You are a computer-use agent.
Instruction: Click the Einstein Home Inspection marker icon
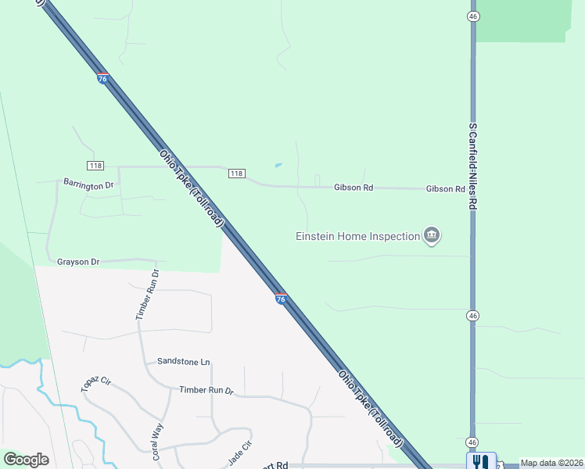tap(432, 235)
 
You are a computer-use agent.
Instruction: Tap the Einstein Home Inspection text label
tap(357, 236)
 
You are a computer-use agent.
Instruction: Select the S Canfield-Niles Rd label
tap(472, 166)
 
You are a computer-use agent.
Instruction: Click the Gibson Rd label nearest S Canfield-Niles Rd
tap(446, 189)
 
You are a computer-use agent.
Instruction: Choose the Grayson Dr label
tap(78, 261)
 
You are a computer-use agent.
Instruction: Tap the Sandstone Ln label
tap(184, 361)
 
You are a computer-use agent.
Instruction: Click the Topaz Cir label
tap(97, 383)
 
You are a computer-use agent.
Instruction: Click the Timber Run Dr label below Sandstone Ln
tap(206, 390)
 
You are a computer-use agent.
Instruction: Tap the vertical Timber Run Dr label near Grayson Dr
tap(148, 295)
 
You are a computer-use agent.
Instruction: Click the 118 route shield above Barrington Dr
tap(95, 166)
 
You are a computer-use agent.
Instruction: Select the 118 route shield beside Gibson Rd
tap(237, 173)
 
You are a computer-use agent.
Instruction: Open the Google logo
tap(26, 460)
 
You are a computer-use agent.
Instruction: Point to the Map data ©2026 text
tap(551, 463)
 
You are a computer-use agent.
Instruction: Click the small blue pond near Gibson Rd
tap(278, 165)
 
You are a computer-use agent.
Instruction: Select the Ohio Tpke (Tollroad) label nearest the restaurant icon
tap(370, 408)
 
